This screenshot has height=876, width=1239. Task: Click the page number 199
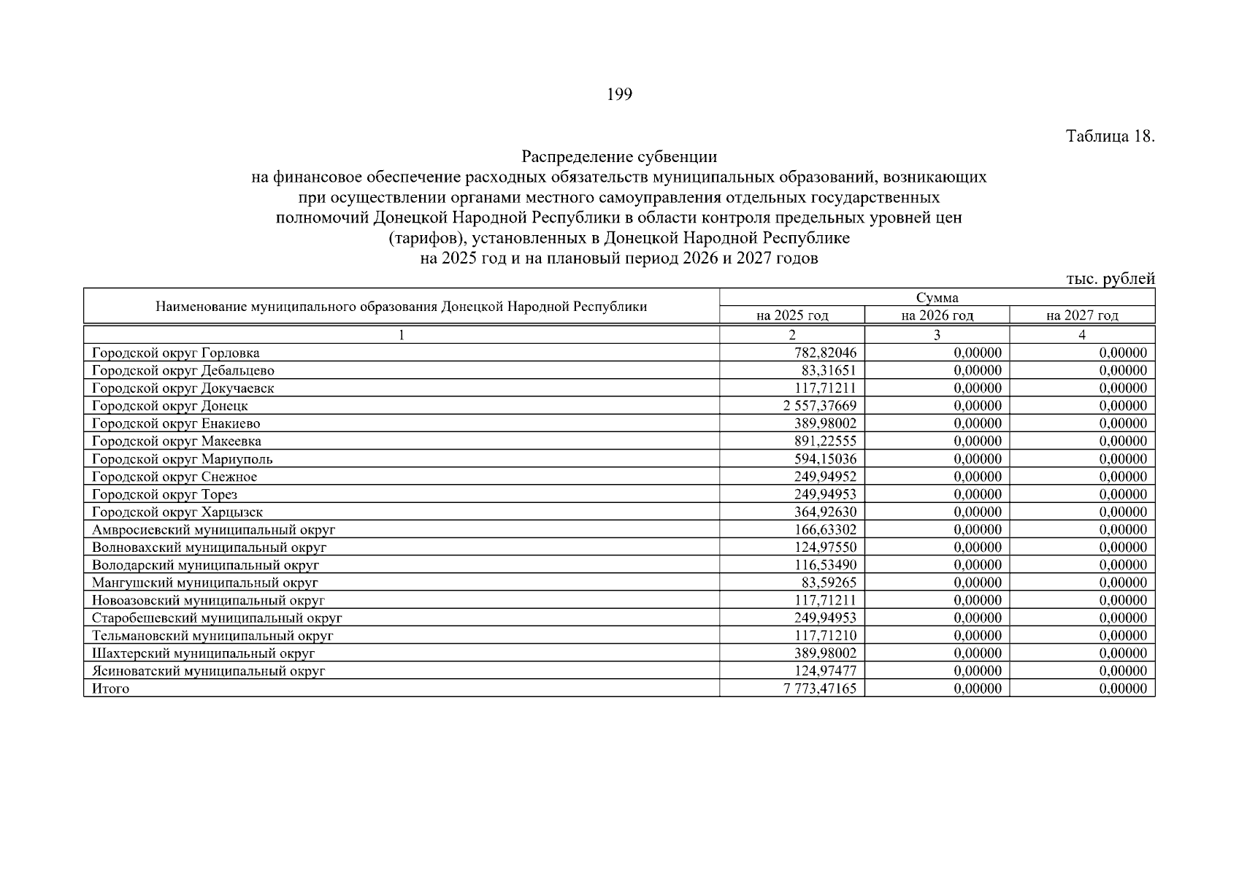click(619, 94)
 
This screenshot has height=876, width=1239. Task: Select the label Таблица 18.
click(1110, 137)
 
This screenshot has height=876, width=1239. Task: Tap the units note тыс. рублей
click(1111, 278)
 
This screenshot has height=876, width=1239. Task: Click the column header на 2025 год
click(792, 315)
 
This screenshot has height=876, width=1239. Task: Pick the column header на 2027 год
click(1082, 315)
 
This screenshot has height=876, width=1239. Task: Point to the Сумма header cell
click(937, 297)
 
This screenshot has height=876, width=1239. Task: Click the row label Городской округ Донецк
click(170, 406)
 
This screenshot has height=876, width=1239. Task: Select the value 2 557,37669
click(820, 406)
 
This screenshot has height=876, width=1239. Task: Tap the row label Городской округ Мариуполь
click(183, 459)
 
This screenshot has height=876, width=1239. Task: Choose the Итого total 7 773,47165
click(820, 688)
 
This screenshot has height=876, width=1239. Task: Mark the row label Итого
click(111, 688)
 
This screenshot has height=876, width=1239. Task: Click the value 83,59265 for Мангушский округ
click(829, 583)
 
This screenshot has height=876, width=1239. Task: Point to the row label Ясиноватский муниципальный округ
click(209, 671)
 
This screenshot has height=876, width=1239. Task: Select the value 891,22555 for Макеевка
click(825, 442)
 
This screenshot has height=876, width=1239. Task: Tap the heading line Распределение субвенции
click(619, 157)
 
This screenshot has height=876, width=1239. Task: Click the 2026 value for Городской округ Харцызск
click(978, 512)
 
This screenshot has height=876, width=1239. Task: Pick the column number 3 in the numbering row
click(937, 335)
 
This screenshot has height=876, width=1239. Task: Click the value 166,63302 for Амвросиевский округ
click(825, 530)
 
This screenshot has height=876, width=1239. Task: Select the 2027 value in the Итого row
click(1123, 688)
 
